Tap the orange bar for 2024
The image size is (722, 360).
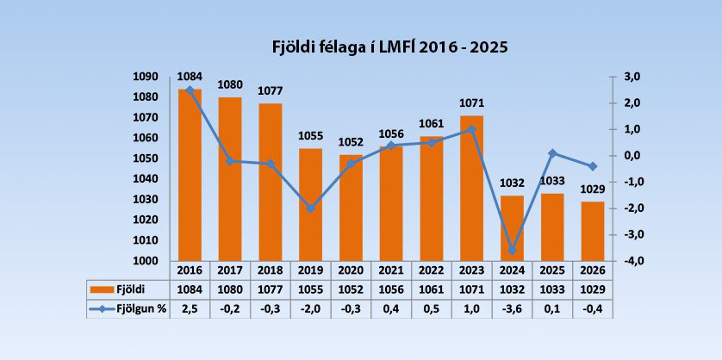click(513, 227)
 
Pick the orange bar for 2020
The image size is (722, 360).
click(352, 207)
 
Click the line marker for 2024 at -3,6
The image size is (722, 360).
click(513, 250)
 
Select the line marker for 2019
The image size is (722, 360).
click(311, 208)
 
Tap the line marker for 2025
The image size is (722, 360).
click(553, 153)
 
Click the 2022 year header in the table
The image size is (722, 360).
click(433, 269)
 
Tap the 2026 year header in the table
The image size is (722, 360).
click(594, 269)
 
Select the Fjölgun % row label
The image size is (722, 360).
click(138, 308)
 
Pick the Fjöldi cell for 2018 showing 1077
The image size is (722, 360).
click(271, 289)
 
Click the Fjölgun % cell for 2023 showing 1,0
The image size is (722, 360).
click(472, 308)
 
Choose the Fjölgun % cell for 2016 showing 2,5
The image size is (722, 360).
click(190, 308)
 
